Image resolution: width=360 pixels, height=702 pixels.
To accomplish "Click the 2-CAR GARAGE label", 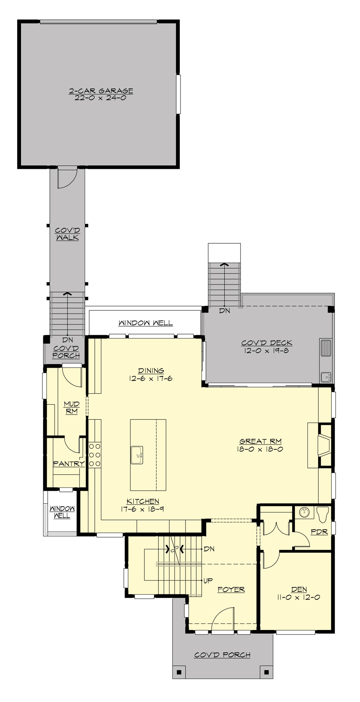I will (101, 91).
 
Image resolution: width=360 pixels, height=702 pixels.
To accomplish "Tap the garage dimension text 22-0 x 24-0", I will (101, 98).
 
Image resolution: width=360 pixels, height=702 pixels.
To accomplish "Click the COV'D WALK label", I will (67, 234).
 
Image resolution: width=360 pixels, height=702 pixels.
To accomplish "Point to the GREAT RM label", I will (260, 441).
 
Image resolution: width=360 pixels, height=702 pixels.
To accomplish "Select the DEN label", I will (299, 589).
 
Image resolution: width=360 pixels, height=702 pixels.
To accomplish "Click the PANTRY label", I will (69, 464).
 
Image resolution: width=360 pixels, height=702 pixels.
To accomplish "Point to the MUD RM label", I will (72, 408).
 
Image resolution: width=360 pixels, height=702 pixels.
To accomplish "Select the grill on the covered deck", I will (326, 348).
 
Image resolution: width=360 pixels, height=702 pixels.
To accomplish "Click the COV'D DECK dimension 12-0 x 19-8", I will (266, 350).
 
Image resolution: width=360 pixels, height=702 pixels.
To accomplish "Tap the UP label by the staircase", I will (208, 580).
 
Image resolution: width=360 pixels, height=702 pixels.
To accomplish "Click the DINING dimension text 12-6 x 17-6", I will (151, 379).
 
